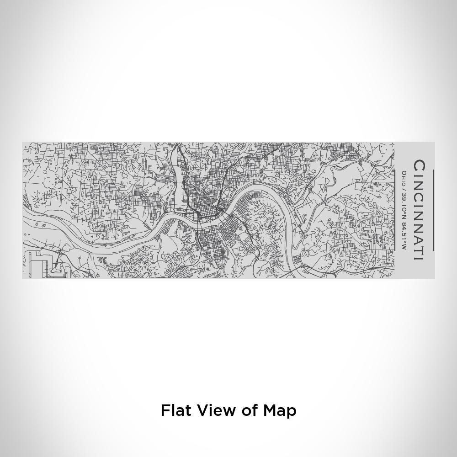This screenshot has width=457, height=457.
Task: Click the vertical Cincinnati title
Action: (419, 210)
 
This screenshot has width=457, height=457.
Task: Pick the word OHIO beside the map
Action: (404, 177)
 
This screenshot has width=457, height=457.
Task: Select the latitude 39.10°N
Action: (404, 204)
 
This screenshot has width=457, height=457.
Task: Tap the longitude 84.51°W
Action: (404, 235)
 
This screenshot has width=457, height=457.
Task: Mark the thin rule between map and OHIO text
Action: (395, 210)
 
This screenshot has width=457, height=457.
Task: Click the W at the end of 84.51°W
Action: (404, 247)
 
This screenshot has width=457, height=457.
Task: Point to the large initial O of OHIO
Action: (404, 173)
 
